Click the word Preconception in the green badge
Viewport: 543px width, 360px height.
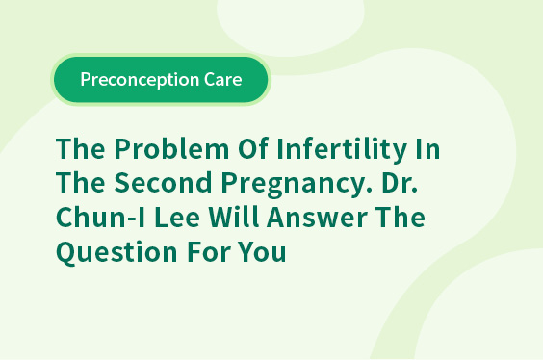(x=140, y=80)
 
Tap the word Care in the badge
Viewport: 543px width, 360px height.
(x=223, y=80)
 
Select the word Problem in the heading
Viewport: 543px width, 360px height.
(x=171, y=149)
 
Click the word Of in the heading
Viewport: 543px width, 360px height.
(x=253, y=148)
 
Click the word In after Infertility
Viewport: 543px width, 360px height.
(x=428, y=149)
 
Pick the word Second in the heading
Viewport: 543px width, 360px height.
(x=163, y=182)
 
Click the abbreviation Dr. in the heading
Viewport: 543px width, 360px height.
(x=400, y=183)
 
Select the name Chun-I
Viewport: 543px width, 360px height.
(x=100, y=217)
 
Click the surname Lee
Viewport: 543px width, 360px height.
(x=177, y=217)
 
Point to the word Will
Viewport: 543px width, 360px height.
(x=233, y=217)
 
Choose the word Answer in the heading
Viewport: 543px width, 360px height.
(x=317, y=217)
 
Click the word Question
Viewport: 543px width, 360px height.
(x=116, y=252)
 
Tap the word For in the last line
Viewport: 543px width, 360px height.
(x=209, y=251)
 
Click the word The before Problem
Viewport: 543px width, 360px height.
(x=80, y=148)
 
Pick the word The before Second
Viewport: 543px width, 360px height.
(x=80, y=182)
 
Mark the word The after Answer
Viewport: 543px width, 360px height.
(x=401, y=217)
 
